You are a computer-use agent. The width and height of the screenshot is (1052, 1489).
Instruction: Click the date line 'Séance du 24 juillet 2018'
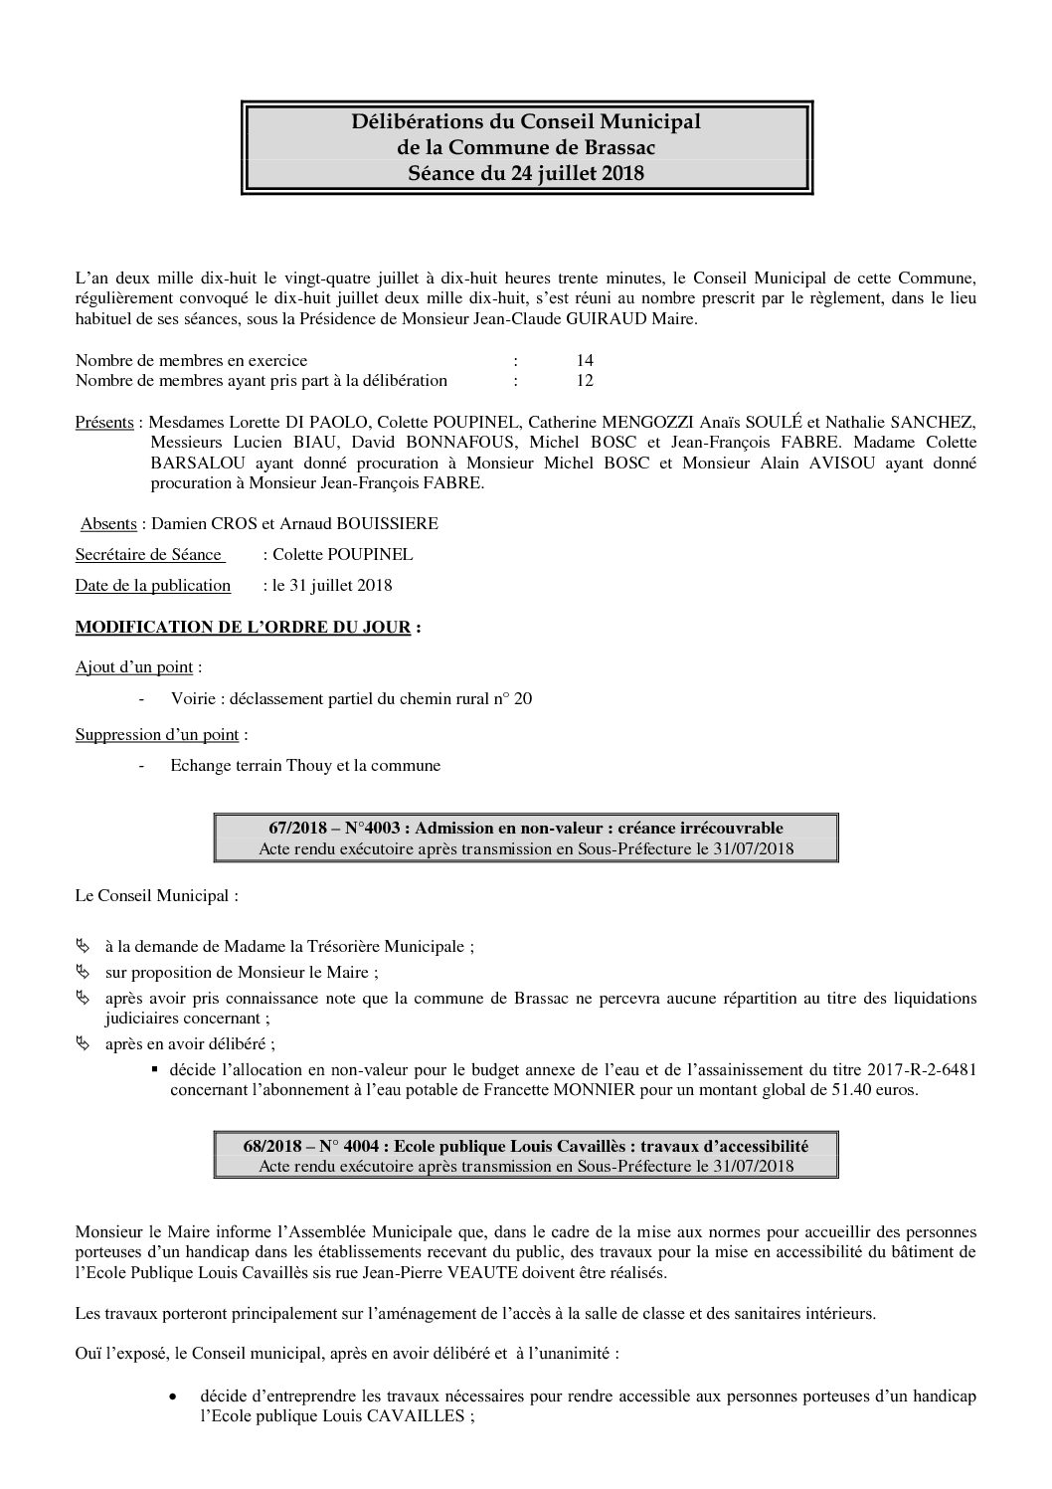tap(526, 173)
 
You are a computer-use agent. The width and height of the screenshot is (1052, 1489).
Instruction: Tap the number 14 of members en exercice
tap(585, 360)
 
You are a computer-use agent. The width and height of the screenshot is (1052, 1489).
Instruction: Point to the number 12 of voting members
tap(585, 380)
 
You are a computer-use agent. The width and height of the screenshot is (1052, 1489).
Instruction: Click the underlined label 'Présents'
tap(104, 422)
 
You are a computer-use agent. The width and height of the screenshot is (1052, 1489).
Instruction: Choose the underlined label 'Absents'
tap(108, 523)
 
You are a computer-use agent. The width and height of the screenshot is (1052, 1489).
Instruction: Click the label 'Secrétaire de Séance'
tap(149, 554)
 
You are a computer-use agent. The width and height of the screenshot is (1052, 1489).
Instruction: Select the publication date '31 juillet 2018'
tap(340, 585)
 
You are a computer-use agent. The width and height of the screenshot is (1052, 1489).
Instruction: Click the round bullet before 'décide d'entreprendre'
tap(175, 1397)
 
